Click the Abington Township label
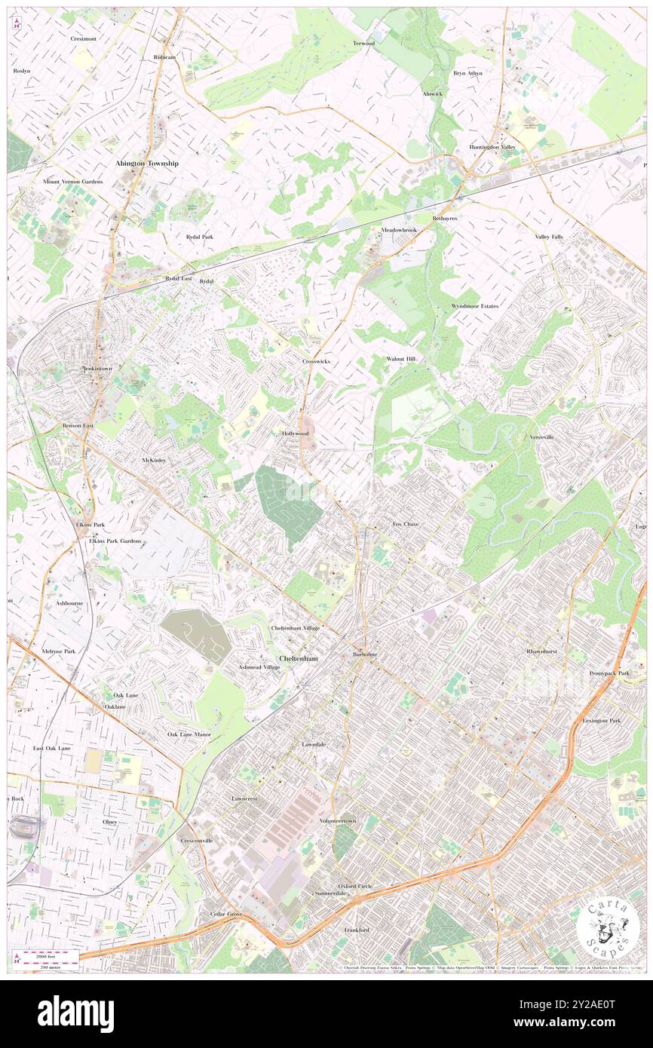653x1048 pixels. tap(147, 164)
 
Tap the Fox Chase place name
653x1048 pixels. tap(406, 523)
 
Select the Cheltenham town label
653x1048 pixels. tap(299, 658)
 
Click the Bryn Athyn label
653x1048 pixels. tap(468, 73)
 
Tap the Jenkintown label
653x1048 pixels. tap(97, 369)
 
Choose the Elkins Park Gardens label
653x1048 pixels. tap(115, 541)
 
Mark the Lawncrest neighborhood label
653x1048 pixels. tap(245, 798)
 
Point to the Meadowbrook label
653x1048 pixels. tap(399, 229)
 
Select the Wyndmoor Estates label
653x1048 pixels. tap(475, 306)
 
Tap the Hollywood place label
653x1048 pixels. tap(295, 434)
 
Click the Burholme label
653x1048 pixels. tap(364, 654)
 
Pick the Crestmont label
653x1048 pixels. tap(83, 38)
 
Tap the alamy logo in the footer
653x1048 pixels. tap(75, 1014)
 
